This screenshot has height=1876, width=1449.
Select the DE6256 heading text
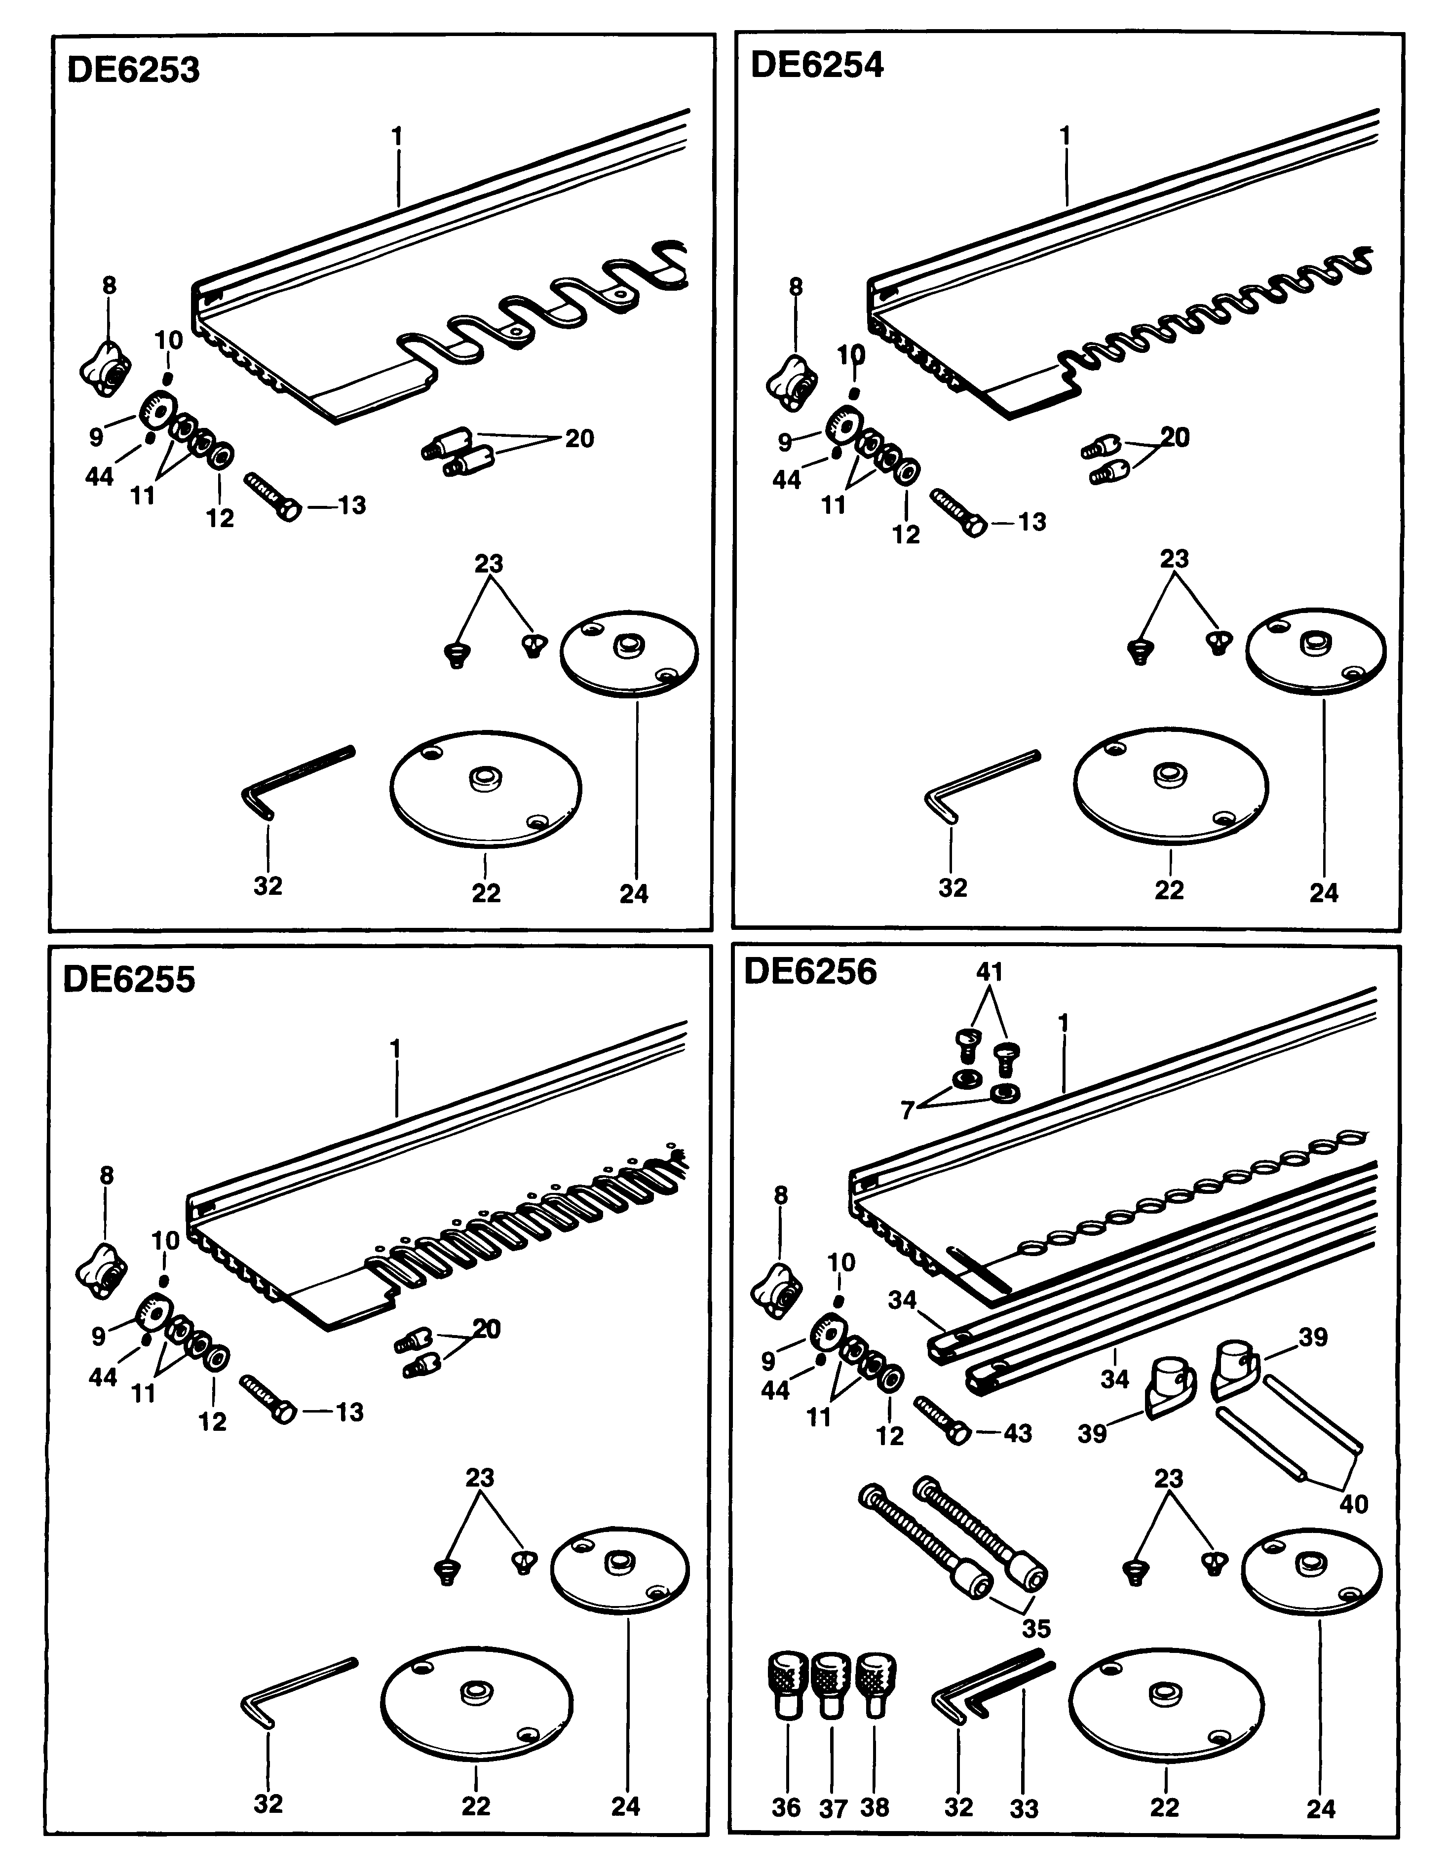tap(810, 971)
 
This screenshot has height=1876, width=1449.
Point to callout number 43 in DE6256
tap(1017, 1433)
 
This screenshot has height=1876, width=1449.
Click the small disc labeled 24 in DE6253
tap(629, 654)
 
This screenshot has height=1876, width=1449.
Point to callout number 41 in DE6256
tap(990, 972)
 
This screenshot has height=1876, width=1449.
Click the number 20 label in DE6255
tap(486, 1329)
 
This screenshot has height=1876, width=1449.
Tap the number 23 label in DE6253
tap(488, 564)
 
